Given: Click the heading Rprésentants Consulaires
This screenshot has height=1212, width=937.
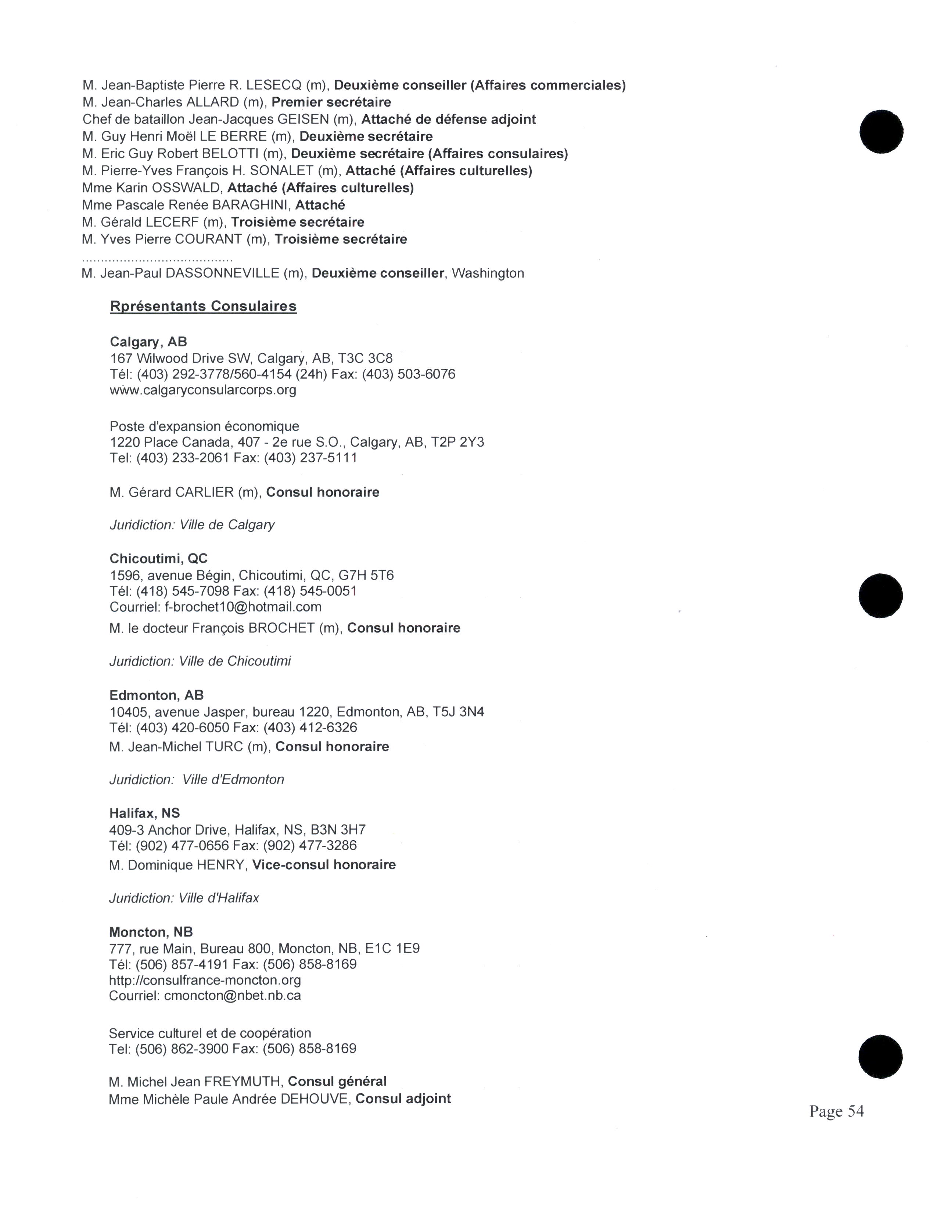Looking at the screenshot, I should click(203, 306).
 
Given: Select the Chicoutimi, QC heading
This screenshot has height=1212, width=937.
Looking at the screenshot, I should click(158, 558).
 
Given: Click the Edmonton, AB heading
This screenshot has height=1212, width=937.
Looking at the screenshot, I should click(157, 695).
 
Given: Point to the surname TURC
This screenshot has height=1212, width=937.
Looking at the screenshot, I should click(224, 746).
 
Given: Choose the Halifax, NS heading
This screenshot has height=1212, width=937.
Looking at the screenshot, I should click(144, 813).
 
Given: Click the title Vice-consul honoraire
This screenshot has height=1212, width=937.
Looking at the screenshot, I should click(324, 865).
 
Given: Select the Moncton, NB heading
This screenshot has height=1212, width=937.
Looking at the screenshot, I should click(151, 932).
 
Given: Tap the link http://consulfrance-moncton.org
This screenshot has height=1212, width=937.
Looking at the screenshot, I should click(205, 980).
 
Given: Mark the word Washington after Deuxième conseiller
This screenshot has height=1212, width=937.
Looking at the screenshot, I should click(488, 273).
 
